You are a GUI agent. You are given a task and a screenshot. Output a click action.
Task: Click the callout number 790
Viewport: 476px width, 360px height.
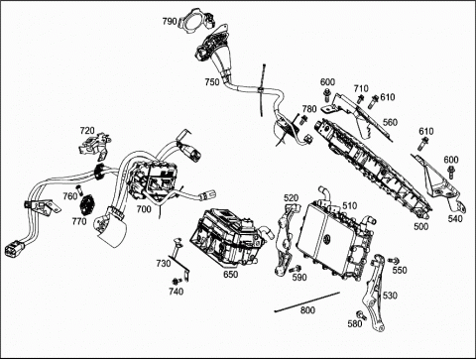pyautogui.click(x=170, y=22)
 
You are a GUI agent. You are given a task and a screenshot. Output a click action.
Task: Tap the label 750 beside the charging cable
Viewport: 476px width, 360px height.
pyautogui.click(x=212, y=81)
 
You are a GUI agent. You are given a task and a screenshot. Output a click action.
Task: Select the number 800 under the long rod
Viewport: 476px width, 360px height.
pyautogui.click(x=307, y=310)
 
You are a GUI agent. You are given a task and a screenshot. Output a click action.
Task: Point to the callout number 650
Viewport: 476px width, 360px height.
pyautogui.click(x=230, y=274)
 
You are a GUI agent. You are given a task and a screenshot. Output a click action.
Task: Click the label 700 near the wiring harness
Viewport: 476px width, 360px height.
pyautogui.click(x=144, y=209)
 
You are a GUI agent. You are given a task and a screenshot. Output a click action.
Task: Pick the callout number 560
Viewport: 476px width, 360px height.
pyautogui.click(x=390, y=122)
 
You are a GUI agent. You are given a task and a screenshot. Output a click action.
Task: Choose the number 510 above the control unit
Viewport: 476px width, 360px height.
pyautogui.click(x=350, y=206)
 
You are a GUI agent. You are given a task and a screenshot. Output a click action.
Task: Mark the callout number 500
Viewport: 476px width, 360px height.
pyautogui.click(x=421, y=226)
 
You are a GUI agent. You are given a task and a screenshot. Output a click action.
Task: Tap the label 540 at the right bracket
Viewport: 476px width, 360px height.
pyautogui.click(x=455, y=218)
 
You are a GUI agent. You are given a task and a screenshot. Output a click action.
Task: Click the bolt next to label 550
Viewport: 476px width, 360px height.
pyautogui.click(x=393, y=261)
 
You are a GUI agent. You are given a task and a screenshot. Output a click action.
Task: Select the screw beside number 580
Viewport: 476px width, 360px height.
pyautogui.click(x=361, y=315)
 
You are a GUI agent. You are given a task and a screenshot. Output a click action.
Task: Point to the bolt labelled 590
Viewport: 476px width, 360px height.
pyautogui.click(x=296, y=269)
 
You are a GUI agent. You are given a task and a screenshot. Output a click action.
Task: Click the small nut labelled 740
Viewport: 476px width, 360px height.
pyautogui.click(x=177, y=282)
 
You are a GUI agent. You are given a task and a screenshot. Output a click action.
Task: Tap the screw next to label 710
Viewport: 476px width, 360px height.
pyautogui.click(x=360, y=98)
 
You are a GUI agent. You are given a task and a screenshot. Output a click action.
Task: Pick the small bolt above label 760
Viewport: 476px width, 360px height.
pyautogui.click(x=78, y=189)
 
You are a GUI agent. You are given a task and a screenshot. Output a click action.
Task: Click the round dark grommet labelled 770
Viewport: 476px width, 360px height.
pyautogui.click(x=87, y=204)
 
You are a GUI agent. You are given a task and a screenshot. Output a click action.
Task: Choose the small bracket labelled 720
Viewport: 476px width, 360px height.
pyautogui.click(x=94, y=145)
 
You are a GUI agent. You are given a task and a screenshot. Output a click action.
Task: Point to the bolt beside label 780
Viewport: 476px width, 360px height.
pyautogui.click(x=302, y=120)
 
